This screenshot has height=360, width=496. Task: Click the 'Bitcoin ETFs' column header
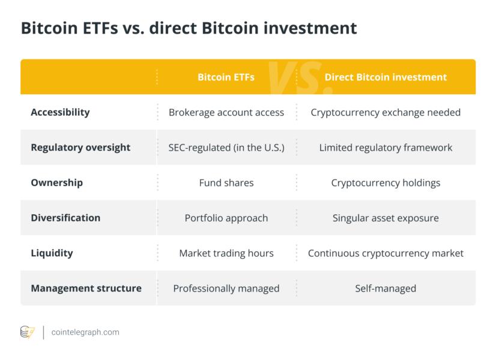point(226,77)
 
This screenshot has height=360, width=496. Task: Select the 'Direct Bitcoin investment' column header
point(386,77)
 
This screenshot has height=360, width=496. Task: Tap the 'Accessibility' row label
point(60,113)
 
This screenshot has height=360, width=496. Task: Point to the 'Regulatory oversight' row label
point(80,148)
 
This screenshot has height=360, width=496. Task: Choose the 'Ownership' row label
point(57,182)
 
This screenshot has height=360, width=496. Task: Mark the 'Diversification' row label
point(65,218)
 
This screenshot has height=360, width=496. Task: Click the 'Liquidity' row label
point(52,253)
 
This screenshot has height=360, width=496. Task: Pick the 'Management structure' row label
point(86,288)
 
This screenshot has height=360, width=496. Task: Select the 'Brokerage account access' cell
point(226,113)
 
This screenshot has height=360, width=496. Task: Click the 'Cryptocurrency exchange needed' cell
point(386,113)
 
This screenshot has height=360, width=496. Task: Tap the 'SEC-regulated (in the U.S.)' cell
point(226,148)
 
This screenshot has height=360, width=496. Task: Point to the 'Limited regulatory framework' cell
point(386,148)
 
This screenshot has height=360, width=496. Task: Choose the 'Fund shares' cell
point(226,182)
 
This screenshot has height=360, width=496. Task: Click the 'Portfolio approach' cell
point(226,218)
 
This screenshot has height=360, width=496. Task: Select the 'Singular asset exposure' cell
point(386,218)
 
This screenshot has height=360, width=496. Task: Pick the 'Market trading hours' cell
point(226,253)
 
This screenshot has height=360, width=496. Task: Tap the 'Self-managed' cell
point(386,288)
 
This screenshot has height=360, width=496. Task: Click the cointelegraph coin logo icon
point(27,332)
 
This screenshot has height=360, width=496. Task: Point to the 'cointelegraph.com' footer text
point(85,332)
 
